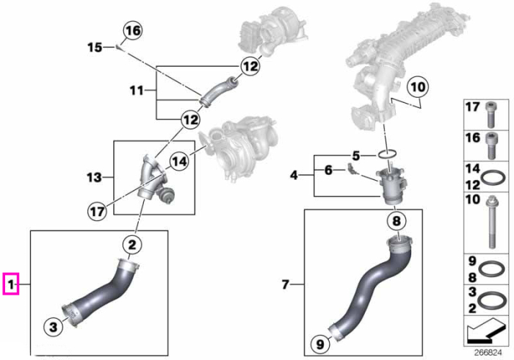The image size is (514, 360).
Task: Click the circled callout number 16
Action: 133,31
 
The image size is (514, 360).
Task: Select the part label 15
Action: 95,47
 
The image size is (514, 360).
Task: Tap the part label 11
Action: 137,90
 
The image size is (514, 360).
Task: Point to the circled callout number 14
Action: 179,162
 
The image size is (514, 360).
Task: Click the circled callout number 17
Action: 98,212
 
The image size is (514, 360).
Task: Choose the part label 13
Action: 95,177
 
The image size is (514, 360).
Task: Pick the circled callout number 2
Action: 131,245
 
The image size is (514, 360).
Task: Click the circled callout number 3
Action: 53,326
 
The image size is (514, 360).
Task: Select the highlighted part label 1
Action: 11,284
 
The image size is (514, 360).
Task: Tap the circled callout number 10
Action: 417,87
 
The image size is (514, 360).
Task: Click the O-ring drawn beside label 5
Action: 388,154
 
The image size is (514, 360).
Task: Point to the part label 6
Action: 328,170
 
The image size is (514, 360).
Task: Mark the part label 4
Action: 294,175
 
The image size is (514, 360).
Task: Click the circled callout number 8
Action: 397,220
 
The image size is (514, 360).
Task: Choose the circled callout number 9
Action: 320,344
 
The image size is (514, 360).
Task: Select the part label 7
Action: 285,284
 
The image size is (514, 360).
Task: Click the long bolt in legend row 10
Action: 492,222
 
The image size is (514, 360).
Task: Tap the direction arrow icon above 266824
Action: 484,329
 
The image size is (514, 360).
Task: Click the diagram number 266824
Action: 488,353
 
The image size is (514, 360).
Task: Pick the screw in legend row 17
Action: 491,115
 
